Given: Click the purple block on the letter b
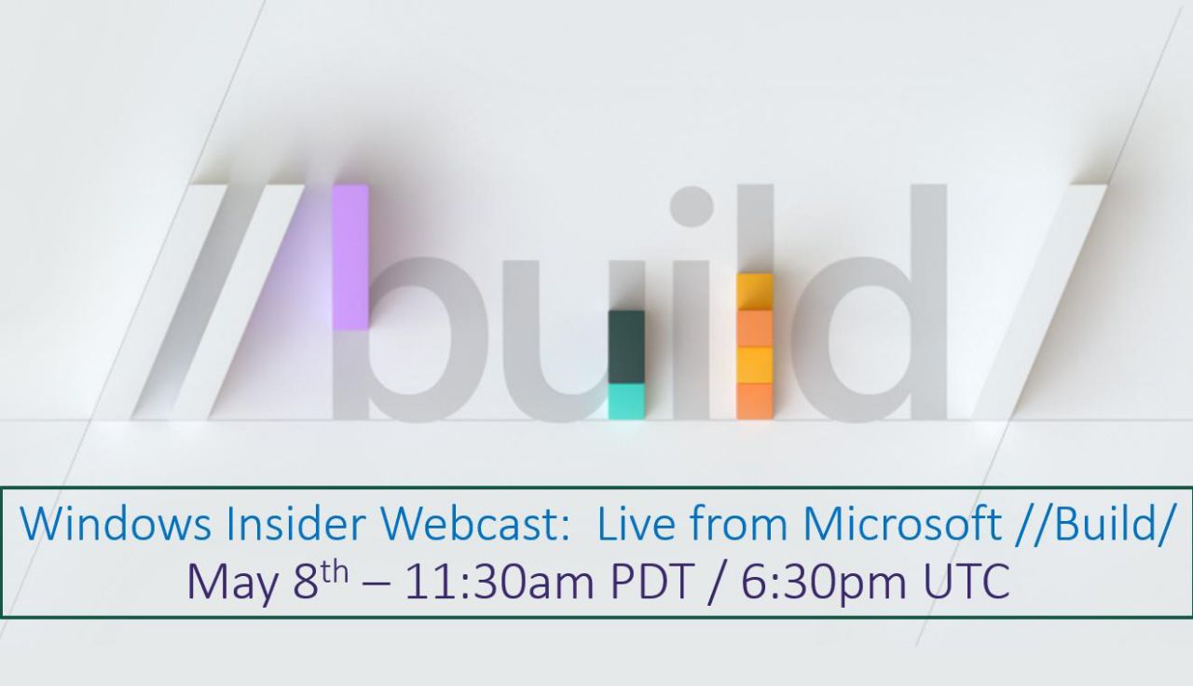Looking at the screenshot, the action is pyautogui.click(x=350, y=256).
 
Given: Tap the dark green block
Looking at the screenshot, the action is pyautogui.click(x=626, y=347).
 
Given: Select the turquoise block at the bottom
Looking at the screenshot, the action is pyautogui.click(x=626, y=402).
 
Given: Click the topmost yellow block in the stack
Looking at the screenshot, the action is pyautogui.click(x=755, y=293).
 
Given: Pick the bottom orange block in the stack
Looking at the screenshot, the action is pyautogui.click(x=755, y=402).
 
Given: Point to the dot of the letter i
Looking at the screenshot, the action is pyautogui.click(x=692, y=206).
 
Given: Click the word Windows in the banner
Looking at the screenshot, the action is pyautogui.click(x=116, y=524).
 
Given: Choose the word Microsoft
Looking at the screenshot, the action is pyautogui.click(x=900, y=524).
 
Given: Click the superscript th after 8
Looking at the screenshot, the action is pyautogui.click(x=335, y=573).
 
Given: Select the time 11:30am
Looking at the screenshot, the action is pyautogui.click(x=500, y=583).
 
